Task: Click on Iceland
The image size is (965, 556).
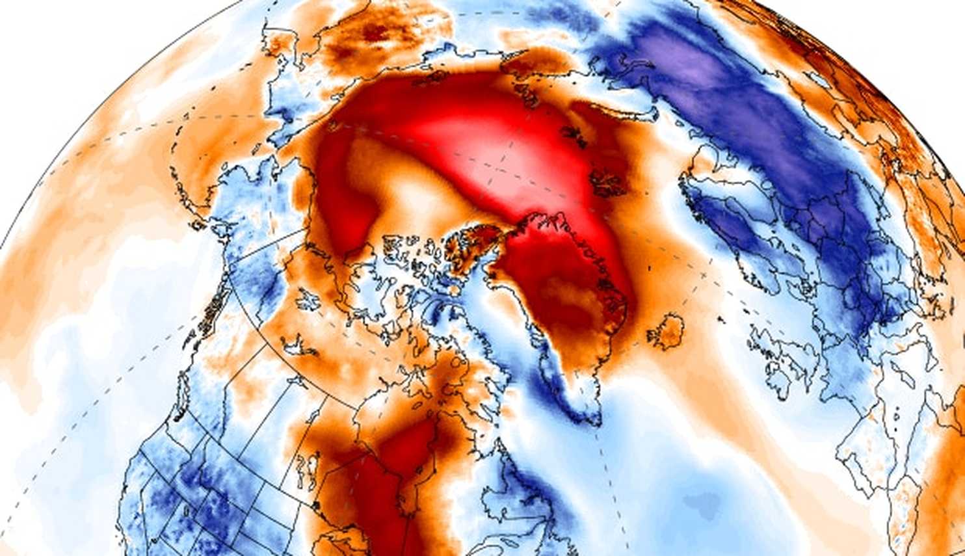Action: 665,330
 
